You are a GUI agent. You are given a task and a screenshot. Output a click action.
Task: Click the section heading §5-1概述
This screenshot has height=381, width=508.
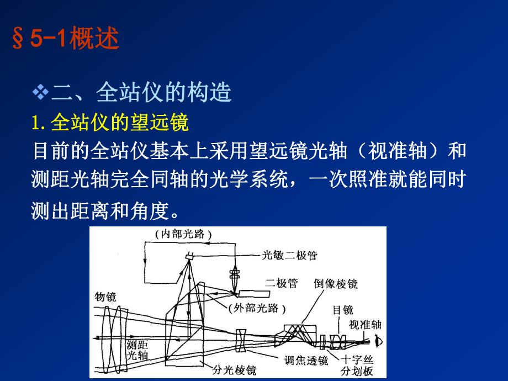[65, 40]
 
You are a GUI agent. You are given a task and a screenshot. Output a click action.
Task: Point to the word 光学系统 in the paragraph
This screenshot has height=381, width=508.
[263, 179]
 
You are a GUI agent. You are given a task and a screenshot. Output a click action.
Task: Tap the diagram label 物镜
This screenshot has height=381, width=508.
[105, 297]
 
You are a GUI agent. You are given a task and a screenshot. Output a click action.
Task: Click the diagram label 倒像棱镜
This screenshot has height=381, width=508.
[335, 284]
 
